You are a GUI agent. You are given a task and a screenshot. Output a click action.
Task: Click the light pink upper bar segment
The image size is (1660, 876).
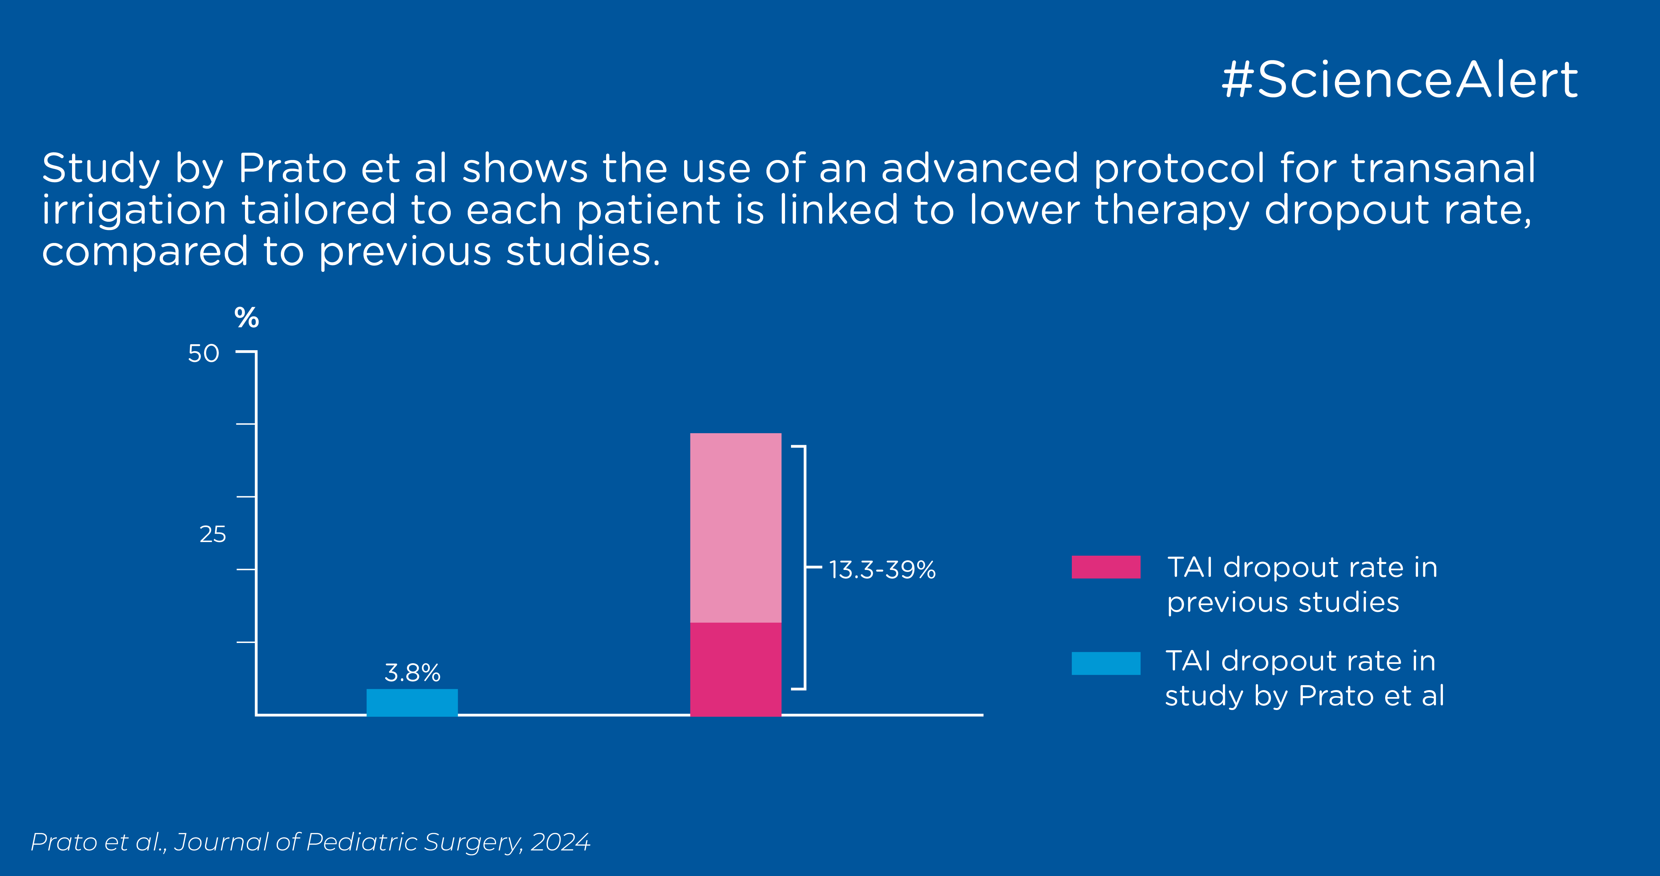(x=735, y=527)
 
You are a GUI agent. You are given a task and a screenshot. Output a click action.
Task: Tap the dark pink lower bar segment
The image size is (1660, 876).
(x=735, y=669)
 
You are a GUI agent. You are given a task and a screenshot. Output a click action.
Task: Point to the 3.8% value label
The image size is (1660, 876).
(x=412, y=673)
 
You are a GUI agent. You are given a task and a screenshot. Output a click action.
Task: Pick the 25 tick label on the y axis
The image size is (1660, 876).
(x=213, y=534)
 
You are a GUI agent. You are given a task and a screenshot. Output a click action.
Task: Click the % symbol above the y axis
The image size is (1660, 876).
(x=246, y=318)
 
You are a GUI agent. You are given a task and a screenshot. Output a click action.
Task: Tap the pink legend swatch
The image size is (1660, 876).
(x=1106, y=567)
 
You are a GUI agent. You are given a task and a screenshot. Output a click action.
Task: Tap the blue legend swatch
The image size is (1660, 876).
(x=1106, y=663)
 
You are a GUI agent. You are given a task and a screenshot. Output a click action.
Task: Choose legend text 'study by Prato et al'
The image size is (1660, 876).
(x=1304, y=695)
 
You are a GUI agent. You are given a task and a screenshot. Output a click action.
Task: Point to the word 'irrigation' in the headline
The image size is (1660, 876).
(x=134, y=211)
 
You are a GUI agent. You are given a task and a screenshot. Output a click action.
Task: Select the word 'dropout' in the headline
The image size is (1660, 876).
(x=1346, y=211)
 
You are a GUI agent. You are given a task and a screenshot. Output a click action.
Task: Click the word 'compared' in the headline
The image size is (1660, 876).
(x=145, y=251)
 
